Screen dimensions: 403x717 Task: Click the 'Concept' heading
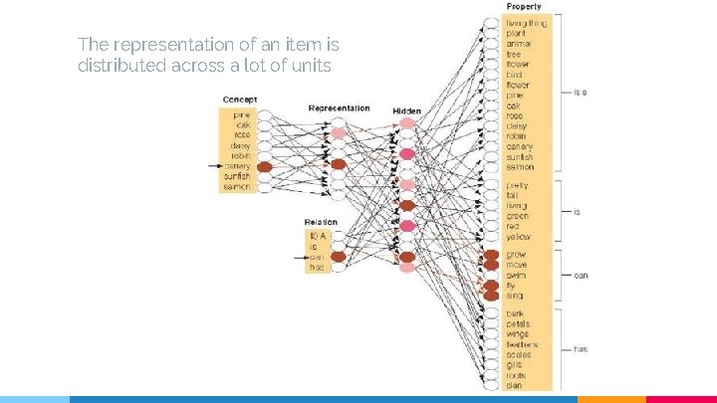tap(240, 100)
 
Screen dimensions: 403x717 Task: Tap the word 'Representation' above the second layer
tap(339, 107)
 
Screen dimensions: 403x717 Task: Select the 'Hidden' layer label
tap(406, 110)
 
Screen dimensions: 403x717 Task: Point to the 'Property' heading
tap(524, 7)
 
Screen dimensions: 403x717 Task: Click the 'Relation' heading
tap(321, 222)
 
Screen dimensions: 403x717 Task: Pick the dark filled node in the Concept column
tap(264, 166)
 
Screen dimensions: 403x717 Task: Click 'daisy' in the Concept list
tap(240, 145)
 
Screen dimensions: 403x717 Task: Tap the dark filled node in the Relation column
tap(338, 257)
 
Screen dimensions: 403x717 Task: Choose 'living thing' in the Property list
tap(527, 22)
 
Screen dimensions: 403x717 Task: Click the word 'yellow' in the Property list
tap(519, 237)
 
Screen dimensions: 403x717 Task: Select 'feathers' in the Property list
tap(523, 344)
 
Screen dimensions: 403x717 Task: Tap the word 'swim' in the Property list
tap(516, 275)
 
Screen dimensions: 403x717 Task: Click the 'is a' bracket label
tap(580, 93)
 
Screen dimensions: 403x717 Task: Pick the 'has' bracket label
tap(581, 349)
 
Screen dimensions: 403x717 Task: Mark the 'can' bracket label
tap(581, 276)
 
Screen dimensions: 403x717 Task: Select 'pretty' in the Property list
tap(518, 185)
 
